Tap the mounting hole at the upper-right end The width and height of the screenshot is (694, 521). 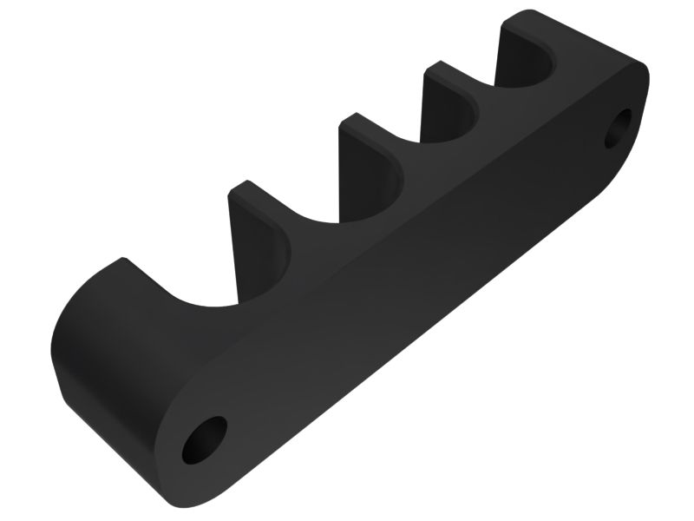(x=621, y=129)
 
